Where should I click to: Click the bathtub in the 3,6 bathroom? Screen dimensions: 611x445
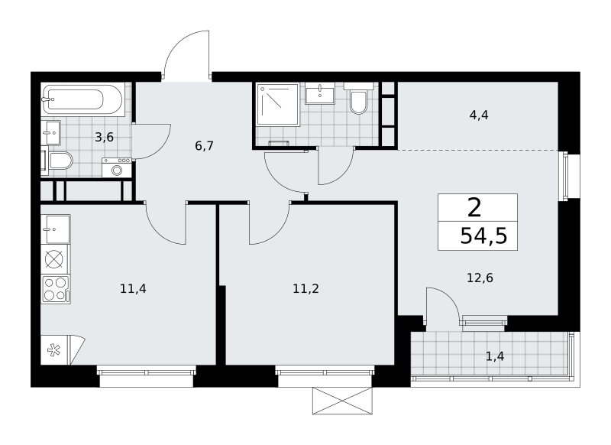click(x=82, y=99)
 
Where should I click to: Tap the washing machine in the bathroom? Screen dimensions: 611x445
click(x=117, y=167)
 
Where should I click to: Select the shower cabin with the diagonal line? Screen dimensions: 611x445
click(x=277, y=104)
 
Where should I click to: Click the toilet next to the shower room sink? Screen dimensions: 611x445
click(x=358, y=99)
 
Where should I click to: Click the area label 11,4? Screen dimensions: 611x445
click(x=133, y=289)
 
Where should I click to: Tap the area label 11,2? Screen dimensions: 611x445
click(x=306, y=289)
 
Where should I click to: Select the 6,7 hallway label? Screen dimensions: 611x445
click(x=204, y=146)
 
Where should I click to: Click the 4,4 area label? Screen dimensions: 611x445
click(x=479, y=115)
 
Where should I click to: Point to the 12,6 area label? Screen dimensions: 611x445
click(x=480, y=278)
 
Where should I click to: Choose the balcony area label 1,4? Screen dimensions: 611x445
click(x=495, y=356)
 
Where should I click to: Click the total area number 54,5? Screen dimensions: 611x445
click(x=483, y=236)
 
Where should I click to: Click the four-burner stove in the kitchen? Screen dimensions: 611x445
click(x=55, y=289)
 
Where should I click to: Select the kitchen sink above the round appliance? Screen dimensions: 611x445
click(x=55, y=229)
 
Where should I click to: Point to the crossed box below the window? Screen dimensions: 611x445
click(x=342, y=401)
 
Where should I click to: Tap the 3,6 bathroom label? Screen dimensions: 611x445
click(x=105, y=138)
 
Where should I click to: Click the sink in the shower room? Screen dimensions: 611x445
click(x=320, y=93)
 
